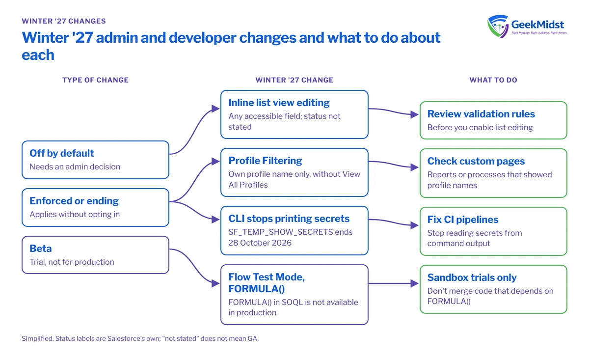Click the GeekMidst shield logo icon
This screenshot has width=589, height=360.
(498, 27)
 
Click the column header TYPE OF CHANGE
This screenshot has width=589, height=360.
(95, 80)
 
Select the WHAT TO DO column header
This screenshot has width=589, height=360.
(493, 80)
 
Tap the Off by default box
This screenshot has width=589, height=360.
(95, 160)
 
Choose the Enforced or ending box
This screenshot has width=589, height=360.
(95, 207)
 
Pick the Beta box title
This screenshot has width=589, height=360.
(40, 249)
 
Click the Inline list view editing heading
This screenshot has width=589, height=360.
(279, 103)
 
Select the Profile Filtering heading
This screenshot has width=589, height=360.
(265, 161)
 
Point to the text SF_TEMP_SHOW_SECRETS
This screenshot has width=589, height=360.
(281, 232)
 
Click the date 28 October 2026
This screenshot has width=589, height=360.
(260, 243)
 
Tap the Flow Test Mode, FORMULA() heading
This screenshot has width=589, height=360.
(267, 283)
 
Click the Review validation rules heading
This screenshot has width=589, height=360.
(481, 114)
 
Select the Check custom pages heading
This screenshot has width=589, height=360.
(476, 161)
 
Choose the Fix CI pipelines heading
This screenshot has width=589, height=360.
(462, 220)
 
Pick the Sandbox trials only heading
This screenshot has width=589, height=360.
(472, 277)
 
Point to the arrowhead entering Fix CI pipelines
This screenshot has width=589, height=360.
(414, 225)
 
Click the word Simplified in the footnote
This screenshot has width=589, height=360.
(37, 338)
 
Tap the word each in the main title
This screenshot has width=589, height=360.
(38, 55)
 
